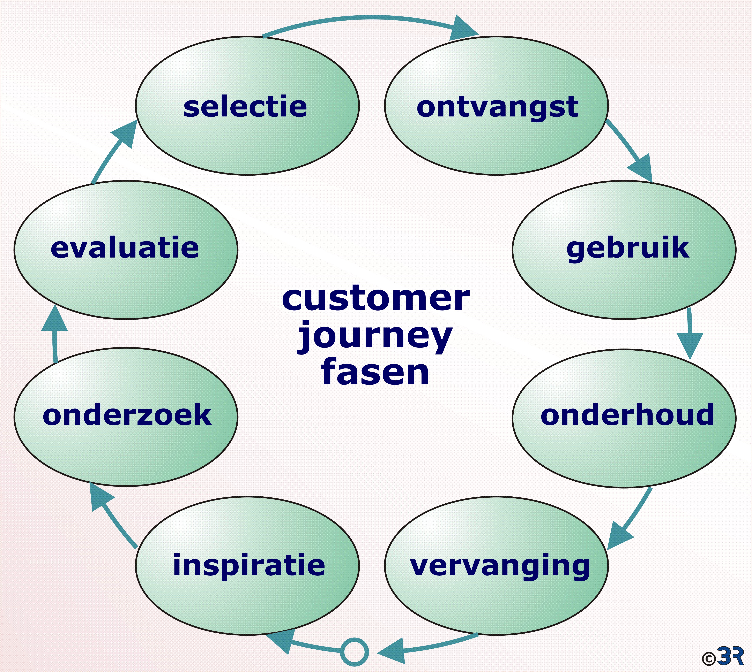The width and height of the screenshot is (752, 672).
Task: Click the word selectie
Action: [x=245, y=107]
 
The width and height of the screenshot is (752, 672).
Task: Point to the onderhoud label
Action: [x=627, y=415]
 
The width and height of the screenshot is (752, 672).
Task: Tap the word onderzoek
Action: [x=127, y=415]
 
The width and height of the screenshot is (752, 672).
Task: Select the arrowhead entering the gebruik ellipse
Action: [x=642, y=168]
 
